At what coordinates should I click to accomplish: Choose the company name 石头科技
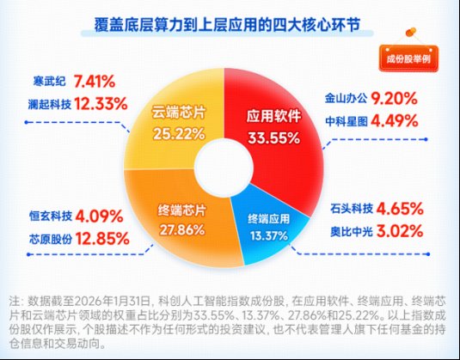pos(345,208)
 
